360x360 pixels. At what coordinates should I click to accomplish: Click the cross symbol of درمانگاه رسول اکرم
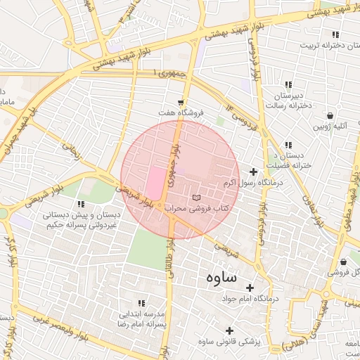253,172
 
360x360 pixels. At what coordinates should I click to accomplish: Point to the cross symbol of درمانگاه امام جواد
250,288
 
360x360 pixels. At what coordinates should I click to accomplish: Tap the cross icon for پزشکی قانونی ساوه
229,330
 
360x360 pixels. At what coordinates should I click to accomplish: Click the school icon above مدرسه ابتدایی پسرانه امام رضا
142,303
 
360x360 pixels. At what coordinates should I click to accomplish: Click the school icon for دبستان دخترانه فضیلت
289,144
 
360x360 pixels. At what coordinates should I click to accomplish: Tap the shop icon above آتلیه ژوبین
329,115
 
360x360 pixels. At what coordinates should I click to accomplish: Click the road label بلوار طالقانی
169,259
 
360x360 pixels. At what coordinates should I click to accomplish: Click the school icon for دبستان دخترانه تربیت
336,34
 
